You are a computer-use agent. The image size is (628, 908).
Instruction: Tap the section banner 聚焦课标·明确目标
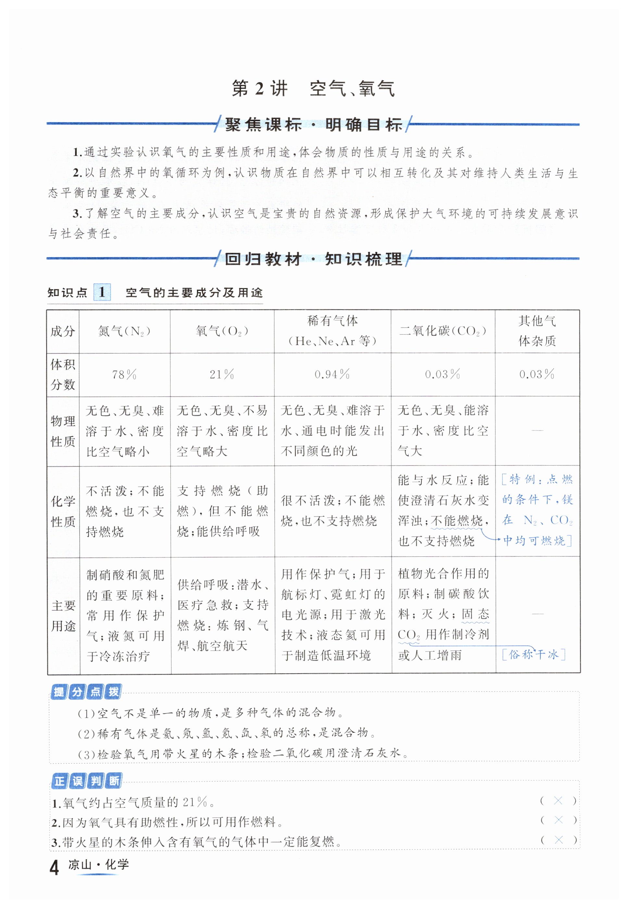(314, 125)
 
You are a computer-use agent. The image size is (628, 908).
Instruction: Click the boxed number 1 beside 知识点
(102, 292)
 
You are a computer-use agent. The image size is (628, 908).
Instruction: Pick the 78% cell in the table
(124, 375)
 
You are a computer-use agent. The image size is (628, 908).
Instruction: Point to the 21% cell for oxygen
(221, 375)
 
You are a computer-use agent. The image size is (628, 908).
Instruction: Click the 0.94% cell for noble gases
(332, 375)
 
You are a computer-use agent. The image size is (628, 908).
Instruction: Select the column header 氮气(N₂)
(124, 331)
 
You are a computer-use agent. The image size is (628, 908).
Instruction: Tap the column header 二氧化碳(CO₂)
(443, 331)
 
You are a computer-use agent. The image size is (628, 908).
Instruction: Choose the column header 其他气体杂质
(537, 331)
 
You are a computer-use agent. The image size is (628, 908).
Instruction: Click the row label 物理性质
(63, 431)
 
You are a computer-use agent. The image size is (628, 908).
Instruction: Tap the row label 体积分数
(63, 375)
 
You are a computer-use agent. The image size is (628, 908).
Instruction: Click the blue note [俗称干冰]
(534, 655)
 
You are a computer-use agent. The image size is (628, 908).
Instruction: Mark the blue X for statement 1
(558, 801)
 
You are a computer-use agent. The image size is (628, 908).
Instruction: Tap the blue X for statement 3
(558, 840)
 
